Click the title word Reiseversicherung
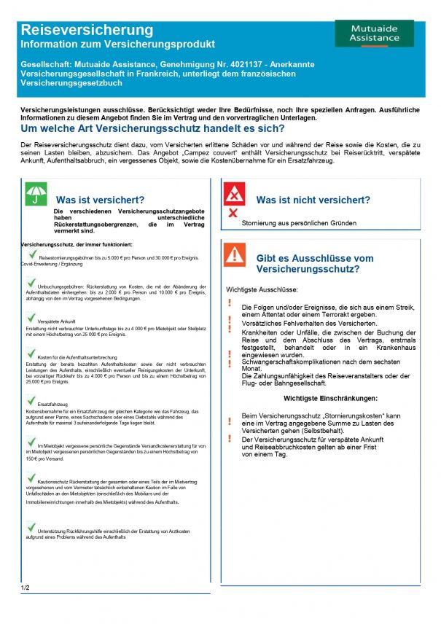point(87,30)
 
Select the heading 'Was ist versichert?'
point(100,199)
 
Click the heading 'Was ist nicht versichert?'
point(313,199)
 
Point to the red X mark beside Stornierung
point(233,213)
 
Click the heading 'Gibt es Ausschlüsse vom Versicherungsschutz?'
point(315,264)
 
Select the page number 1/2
point(26,588)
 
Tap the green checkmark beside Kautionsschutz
point(31,478)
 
